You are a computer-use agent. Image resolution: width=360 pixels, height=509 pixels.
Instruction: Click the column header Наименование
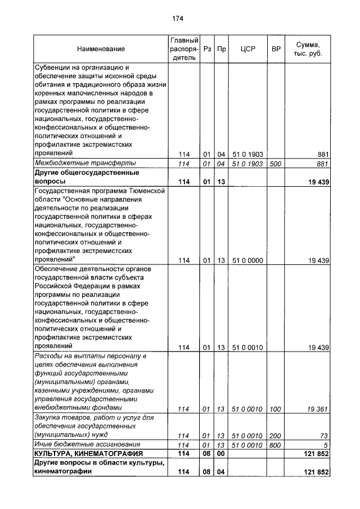pos(101,49)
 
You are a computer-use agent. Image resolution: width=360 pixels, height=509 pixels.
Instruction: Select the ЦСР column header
pos(247,49)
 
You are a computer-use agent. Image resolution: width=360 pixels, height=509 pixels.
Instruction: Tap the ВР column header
pos(276,49)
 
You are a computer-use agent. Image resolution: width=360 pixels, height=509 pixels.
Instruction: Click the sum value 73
pos(324,436)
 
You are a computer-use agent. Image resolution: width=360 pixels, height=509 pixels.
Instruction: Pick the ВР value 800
pos(276,445)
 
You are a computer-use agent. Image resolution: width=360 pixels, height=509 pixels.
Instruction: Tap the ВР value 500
pos(276,164)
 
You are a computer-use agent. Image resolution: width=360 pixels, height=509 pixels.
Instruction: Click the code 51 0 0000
pos(247,260)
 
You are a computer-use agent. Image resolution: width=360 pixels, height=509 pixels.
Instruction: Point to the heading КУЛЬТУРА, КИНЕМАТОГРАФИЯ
pos(88,453)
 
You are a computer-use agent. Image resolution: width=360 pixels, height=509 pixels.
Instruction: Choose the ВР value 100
pos(276,409)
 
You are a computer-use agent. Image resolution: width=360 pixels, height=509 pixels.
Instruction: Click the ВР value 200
pos(276,436)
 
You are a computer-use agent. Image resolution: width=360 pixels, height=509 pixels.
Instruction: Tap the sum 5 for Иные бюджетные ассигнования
pos(326,445)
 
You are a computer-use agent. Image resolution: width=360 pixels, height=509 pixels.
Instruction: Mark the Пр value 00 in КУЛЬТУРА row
pos(221,453)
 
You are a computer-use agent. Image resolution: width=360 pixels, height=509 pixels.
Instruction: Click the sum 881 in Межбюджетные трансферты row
pos(322,164)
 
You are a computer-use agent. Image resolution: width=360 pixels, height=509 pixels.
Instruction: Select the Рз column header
pos(207,49)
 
